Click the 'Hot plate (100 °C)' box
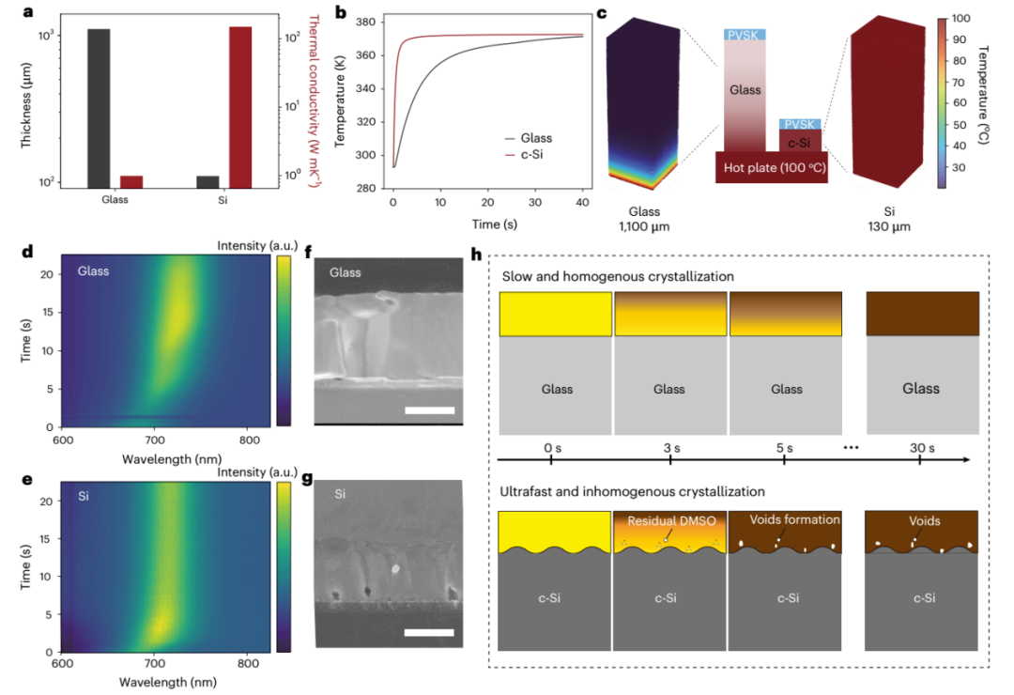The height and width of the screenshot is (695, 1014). coord(771,168)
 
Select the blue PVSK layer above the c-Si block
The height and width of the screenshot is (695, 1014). coord(801,124)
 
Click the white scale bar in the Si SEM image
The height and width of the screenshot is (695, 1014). coord(429,632)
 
